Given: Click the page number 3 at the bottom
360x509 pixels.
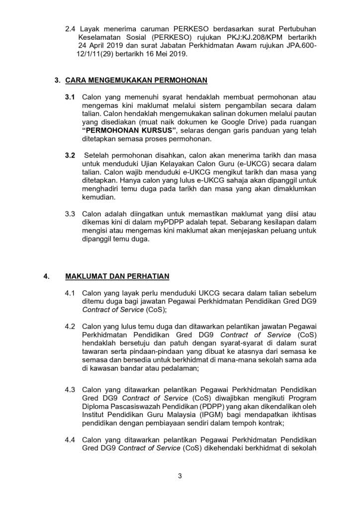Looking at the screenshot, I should [x=180, y=476].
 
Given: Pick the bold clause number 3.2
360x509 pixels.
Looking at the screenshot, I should [x=70, y=156].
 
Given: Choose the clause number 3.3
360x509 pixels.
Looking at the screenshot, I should [x=70, y=214].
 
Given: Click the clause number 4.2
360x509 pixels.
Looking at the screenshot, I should [x=70, y=326].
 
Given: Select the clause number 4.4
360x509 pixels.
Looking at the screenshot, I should [x=70, y=440].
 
